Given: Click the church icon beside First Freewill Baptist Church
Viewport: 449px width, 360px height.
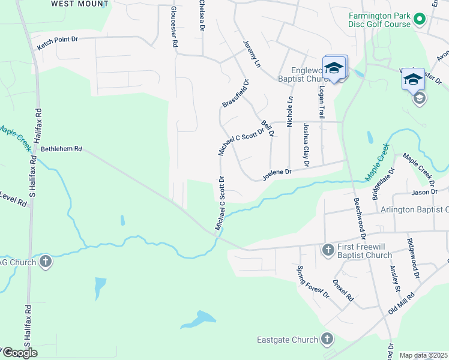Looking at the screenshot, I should (x=328, y=249).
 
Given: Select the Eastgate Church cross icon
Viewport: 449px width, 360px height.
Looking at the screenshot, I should (x=326, y=340).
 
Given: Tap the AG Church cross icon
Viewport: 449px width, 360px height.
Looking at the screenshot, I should (x=46, y=262).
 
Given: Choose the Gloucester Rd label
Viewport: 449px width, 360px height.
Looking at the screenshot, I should (x=174, y=28).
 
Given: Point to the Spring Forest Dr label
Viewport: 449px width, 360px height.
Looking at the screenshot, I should (x=313, y=282).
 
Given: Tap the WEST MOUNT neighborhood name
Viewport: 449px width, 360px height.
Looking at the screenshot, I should (x=80, y=4).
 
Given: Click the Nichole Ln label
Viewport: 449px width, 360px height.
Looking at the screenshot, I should (x=290, y=112).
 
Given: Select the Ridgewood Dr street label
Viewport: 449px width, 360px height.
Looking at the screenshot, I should (x=414, y=259).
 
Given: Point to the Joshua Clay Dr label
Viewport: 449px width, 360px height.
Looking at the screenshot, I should (x=306, y=145).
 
